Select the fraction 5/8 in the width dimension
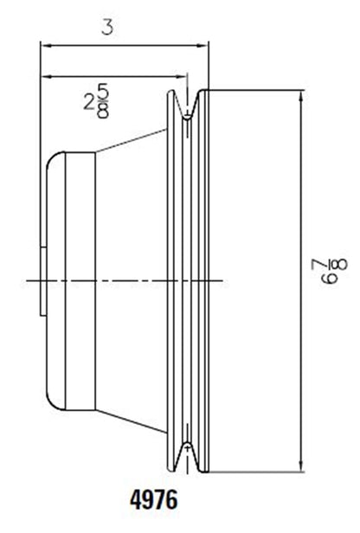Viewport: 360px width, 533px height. [x=103, y=103]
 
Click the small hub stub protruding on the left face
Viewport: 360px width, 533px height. [x=42, y=279]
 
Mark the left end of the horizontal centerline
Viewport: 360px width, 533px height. [x=29, y=279]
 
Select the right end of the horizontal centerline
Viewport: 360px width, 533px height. [x=227, y=279]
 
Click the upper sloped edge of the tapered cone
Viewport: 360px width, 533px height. [x=130, y=140]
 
